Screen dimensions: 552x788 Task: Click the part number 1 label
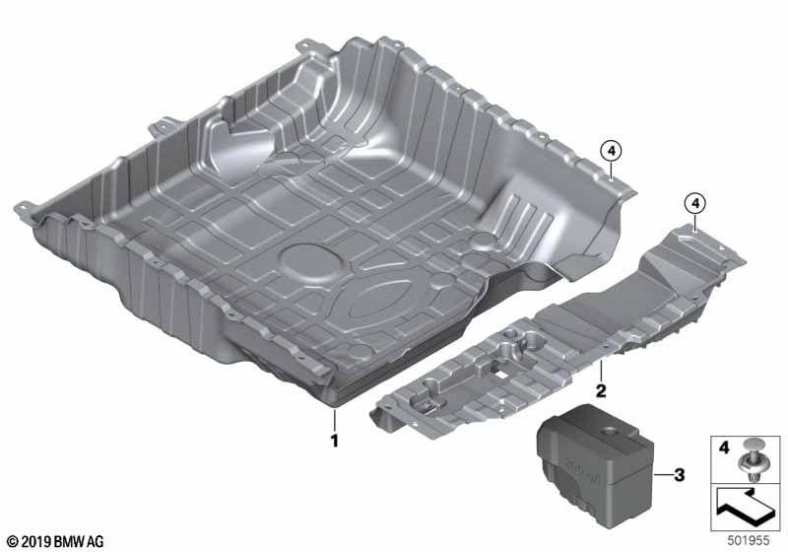tap(334, 441)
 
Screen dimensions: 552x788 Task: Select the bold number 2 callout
tap(599, 390)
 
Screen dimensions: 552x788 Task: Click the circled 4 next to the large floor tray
tap(611, 150)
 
